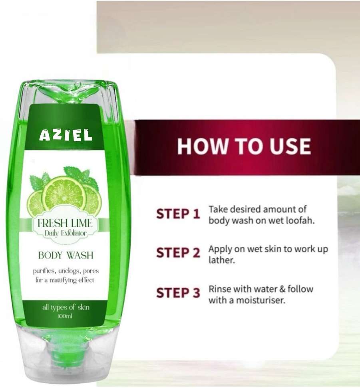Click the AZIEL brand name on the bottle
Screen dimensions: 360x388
tap(66, 135)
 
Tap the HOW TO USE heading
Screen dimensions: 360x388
tap(244, 146)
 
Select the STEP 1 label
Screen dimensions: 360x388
tap(178, 214)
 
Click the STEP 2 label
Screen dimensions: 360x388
tap(178, 253)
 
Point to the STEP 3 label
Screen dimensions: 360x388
tap(178, 293)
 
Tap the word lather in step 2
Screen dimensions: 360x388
tap(221, 260)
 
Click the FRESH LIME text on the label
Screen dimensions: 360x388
tap(65, 223)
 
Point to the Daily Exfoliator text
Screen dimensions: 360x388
tap(66, 233)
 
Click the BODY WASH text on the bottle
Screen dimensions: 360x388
tap(66, 255)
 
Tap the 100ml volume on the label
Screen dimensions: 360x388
tap(65, 316)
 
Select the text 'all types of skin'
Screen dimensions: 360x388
tap(66, 308)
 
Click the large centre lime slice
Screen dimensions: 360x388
tap(64, 196)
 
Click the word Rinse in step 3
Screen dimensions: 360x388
tap(220, 289)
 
